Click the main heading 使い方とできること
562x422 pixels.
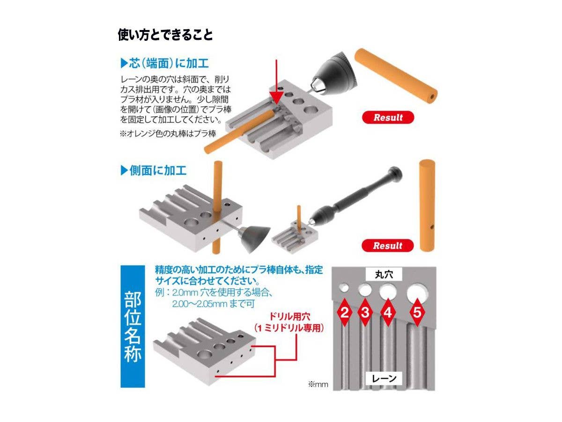point(165,35)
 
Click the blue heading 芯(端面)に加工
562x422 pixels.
point(165,63)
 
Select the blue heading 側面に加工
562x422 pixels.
point(153,170)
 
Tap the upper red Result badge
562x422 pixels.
point(388,117)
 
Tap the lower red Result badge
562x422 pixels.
point(387,245)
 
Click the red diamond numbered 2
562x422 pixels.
point(345,312)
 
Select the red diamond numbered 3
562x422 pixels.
point(365,312)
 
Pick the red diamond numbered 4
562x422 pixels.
point(388,312)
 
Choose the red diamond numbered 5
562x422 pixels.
point(417,312)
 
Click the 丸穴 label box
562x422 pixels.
point(384,274)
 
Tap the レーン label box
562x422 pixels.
point(384,378)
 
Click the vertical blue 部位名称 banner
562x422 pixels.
point(133,327)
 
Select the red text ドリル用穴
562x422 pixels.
point(289,316)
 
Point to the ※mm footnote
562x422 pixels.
point(318,384)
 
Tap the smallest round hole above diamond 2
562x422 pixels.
point(344,288)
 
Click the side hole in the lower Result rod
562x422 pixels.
point(432,227)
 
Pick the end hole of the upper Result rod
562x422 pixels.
point(432,97)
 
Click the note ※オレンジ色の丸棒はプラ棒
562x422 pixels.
point(168,134)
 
